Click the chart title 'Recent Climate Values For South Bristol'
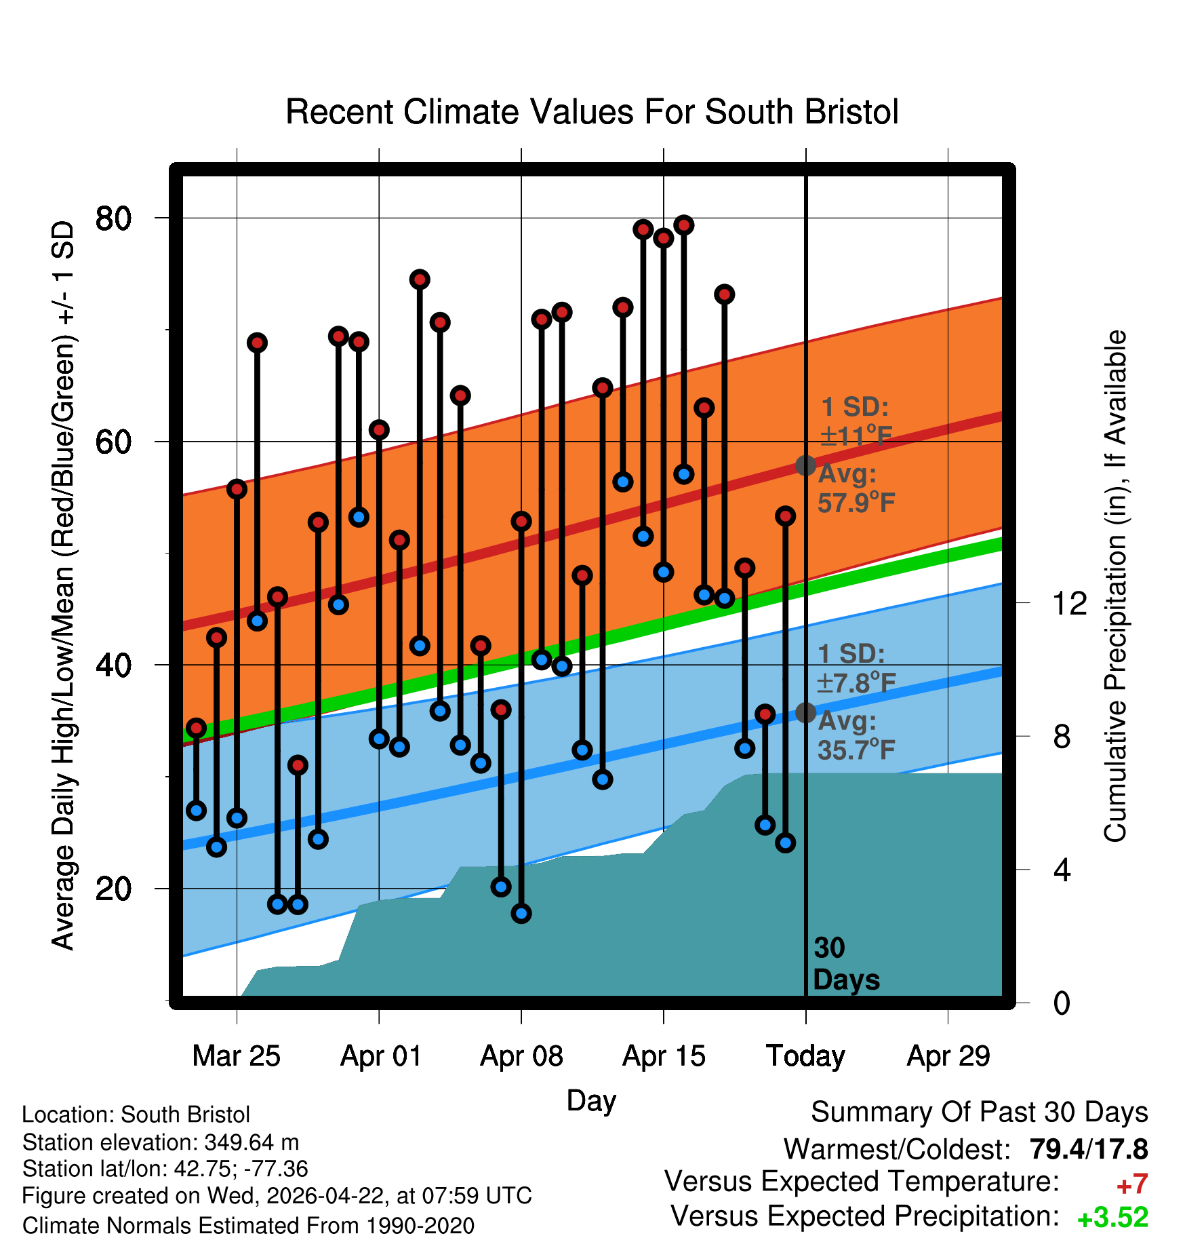pyautogui.click(x=592, y=112)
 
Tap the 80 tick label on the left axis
pyautogui.click(x=114, y=218)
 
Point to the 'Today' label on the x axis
pyautogui.click(x=805, y=1056)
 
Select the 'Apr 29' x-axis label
pyautogui.click(x=948, y=1056)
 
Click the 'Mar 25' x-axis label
pyautogui.click(x=237, y=1056)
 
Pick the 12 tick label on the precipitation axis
pyautogui.click(x=1069, y=602)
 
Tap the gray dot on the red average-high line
pyautogui.click(x=805, y=465)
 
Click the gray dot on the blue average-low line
pyautogui.click(x=805, y=713)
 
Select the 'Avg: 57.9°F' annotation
pyautogui.click(x=856, y=488)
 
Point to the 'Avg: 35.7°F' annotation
pyautogui.click(x=856, y=735)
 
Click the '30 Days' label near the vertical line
pyautogui.click(x=846, y=964)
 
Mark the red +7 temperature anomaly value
pyautogui.click(x=1131, y=1184)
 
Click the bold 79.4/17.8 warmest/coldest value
pyautogui.click(x=1089, y=1149)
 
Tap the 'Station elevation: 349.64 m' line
pyautogui.click(x=161, y=1142)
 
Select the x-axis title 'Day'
pyautogui.click(x=591, y=1101)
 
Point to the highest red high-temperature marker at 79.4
pyautogui.click(x=684, y=225)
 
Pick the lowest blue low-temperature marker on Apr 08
pyautogui.click(x=521, y=914)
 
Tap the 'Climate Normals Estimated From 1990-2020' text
pyautogui.click(x=248, y=1226)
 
